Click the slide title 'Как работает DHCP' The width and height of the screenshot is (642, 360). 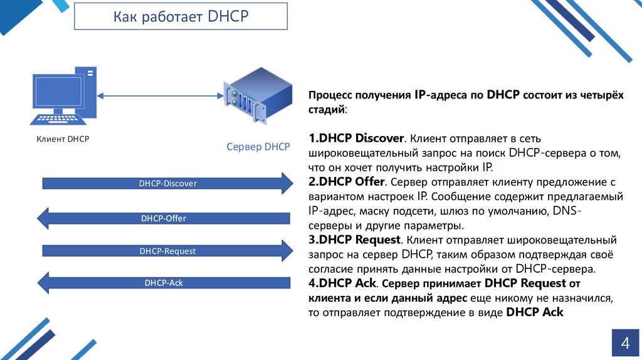coord(181,16)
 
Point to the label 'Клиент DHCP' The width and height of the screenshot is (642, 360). coord(63,139)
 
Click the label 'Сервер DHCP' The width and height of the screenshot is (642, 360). coord(258,147)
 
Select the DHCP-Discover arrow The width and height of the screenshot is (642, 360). coord(167,183)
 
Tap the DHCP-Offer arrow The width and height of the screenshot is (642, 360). coord(164,218)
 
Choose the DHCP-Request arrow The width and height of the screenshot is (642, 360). coord(167,251)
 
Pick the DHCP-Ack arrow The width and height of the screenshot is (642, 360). coord(164,283)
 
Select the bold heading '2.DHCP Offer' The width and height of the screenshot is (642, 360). coord(346,183)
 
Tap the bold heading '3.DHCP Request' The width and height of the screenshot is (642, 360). coord(354,240)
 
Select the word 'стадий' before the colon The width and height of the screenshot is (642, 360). coord(325,110)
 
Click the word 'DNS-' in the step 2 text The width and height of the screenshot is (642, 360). coord(567,211)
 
